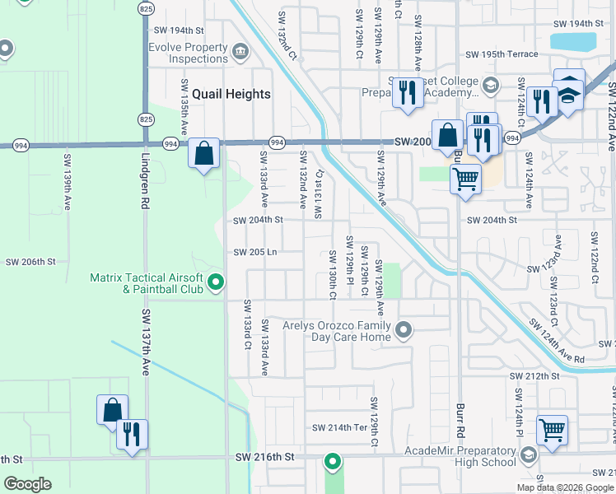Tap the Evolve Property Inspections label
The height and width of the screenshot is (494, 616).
click(x=188, y=54)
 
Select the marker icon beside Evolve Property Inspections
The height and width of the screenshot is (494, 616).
click(x=240, y=53)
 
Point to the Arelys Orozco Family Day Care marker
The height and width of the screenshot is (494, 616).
click(x=404, y=331)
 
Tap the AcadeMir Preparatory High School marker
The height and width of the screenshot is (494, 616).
click(x=528, y=455)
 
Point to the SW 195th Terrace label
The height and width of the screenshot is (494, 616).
click(x=502, y=54)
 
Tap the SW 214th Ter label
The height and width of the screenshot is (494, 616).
click(x=339, y=428)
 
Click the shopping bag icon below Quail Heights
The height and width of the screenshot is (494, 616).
click(x=203, y=153)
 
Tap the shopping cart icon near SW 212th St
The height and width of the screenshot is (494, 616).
click(x=552, y=429)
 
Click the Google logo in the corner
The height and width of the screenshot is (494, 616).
click(x=27, y=484)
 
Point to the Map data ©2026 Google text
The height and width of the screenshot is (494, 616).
click(x=565, y=487)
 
